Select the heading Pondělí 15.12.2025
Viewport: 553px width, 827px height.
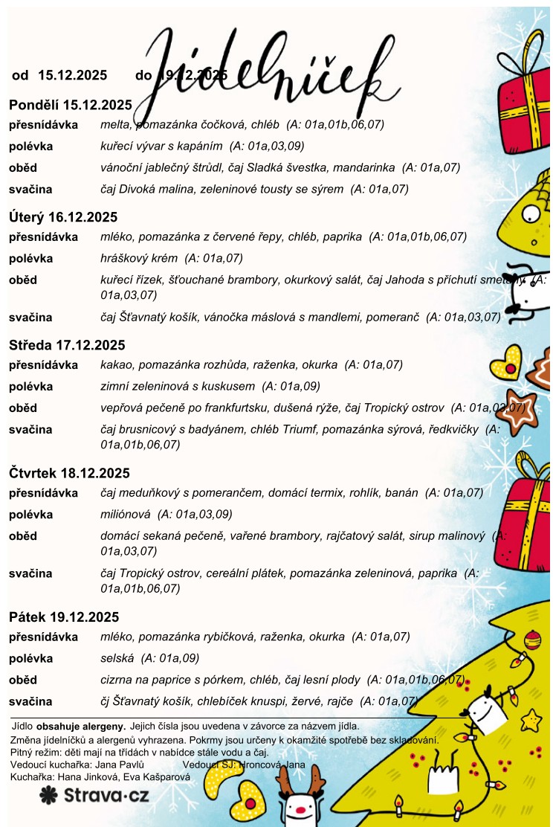71,105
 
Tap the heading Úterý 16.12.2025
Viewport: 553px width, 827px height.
63,218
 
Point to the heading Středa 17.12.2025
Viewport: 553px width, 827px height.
67,346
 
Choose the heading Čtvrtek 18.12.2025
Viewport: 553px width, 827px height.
69,474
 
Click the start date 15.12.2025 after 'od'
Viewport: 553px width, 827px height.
72,75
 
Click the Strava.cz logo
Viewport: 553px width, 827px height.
94,795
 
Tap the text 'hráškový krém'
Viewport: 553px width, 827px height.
139,259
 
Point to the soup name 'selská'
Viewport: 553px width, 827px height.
117,658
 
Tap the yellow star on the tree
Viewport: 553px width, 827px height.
531,719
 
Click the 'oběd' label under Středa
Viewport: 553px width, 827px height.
23,408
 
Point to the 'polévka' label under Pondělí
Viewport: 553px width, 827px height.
31,147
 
